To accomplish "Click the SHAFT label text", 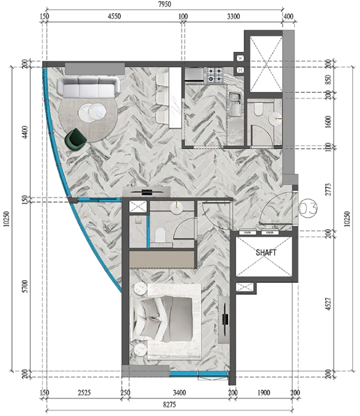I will click(266, 253).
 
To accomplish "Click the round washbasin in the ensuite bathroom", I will click(176, 207).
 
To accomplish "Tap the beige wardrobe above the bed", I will click(162, 259).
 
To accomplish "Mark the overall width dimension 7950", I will click(163, 5).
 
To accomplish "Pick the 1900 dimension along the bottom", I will click(264, 393).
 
